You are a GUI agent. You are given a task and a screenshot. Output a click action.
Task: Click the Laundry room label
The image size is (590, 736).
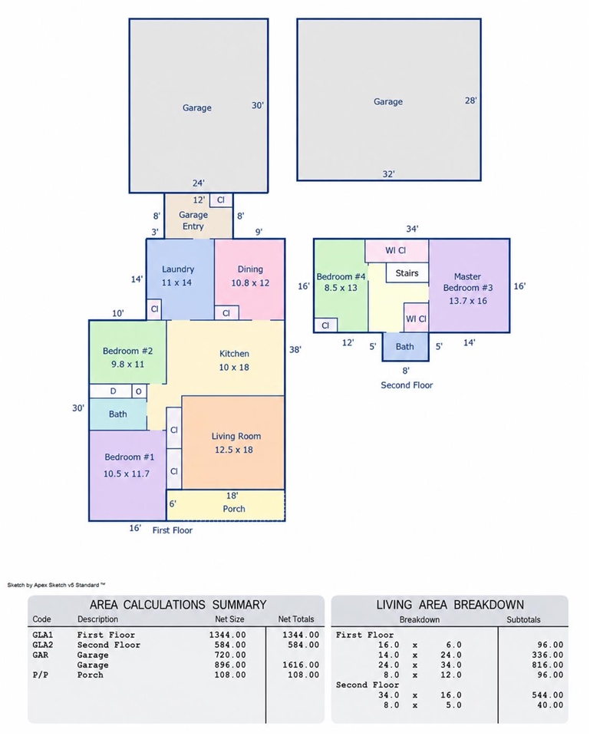coord(178,269)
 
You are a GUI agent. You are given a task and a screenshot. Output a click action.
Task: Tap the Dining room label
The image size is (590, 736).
coord(250,269)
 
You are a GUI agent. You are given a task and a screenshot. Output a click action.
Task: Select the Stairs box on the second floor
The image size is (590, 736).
coord(407,272)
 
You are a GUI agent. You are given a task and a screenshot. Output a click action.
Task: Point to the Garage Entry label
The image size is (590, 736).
coord(193,220)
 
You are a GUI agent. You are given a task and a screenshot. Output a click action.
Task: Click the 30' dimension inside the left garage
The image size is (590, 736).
coord(257,106)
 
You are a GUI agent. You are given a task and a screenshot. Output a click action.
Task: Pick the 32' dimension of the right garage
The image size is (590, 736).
coord(388,174)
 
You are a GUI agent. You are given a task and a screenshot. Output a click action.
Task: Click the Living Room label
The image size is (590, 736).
coord(236,436)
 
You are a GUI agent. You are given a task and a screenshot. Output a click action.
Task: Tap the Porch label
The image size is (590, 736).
coord(234,509)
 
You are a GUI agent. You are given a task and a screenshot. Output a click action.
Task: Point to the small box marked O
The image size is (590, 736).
coord(139,391)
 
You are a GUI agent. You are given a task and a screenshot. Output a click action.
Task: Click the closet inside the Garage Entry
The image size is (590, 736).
coord(221,200)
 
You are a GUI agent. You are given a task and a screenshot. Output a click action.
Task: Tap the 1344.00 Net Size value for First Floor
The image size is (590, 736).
coord(228,635)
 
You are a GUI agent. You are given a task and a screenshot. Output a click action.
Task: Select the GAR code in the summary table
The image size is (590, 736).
coord(41,655)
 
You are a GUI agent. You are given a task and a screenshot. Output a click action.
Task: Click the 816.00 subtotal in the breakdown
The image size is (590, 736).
coord(547,665)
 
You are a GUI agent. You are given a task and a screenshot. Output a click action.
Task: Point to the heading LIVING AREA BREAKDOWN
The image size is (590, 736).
coord(450,605)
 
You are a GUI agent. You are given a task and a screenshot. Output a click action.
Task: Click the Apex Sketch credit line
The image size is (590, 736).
coord(56,585)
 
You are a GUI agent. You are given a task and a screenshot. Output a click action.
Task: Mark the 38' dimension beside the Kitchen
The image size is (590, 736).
coord(295,350)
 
